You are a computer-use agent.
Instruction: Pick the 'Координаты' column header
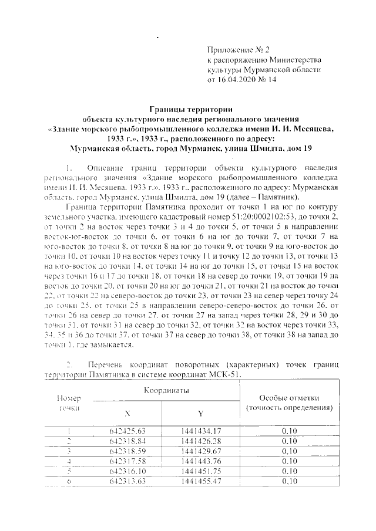tap(164, 390)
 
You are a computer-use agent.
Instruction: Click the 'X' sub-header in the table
tap(127, 414)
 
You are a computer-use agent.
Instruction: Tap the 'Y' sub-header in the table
tap(200, 414)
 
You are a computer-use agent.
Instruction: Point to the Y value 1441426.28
tap(200, 443)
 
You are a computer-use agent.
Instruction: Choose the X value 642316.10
tap(128, 472)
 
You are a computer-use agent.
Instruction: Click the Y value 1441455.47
tap(200, 482)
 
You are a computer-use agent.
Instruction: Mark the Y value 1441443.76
tap(200, 462)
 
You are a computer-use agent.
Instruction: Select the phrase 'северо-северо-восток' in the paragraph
tap(233, 307)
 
